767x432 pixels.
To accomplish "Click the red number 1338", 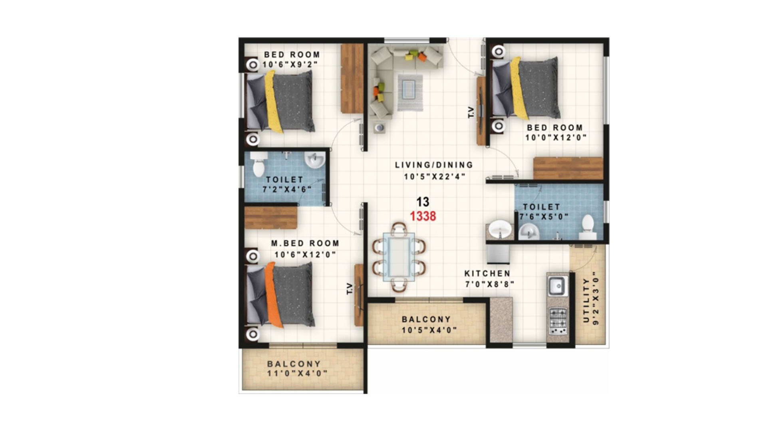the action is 423,216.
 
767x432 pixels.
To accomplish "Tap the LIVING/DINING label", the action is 434,165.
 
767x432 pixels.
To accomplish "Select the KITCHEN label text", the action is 487,274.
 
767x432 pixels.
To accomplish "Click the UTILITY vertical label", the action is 586,300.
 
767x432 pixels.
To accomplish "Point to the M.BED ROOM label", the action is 305,243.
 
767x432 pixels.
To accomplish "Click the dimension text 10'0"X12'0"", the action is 556,138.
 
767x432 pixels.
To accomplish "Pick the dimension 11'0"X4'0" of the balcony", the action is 297,374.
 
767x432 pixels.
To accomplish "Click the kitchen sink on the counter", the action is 557,286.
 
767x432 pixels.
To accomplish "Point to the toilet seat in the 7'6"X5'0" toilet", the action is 588,226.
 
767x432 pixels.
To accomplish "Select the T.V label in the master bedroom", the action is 350,289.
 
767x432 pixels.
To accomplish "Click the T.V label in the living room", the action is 471,112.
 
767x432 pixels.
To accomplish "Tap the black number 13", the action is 423,202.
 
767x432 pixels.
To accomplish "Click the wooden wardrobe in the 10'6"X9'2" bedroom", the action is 352,78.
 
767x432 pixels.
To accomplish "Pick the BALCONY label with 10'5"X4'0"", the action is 426,319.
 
